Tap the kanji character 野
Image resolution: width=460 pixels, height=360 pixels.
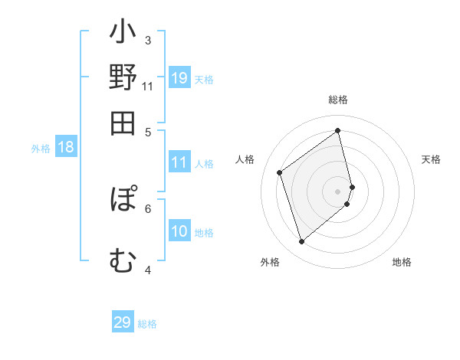point(123,80)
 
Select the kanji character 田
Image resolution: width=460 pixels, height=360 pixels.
point(123,123)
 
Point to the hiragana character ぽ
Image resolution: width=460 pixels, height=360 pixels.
point(123,198)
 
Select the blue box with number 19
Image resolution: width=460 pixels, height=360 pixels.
point(179,78)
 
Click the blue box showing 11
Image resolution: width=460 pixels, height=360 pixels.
point(179,162)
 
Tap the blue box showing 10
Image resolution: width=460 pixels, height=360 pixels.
point(179,231)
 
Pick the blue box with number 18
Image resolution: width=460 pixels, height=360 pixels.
point(66,148)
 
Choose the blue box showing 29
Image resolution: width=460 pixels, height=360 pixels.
point(123,322)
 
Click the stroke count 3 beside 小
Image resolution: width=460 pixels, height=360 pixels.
point(148,40)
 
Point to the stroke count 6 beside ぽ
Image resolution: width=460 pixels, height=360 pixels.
point(148,208)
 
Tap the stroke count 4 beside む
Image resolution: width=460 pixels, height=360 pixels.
point(148,270)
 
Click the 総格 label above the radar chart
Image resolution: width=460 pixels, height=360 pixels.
point(338,100)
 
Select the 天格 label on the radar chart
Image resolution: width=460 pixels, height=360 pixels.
point(432,159)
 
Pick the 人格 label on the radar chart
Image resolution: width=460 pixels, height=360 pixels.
point(245,159)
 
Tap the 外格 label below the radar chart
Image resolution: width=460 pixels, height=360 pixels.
point(270,263)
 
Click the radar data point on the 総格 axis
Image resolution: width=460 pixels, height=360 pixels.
point(338,130)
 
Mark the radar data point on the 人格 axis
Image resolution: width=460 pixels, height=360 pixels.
point(280,172)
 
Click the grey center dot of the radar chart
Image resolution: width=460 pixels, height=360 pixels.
point(338,191)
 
